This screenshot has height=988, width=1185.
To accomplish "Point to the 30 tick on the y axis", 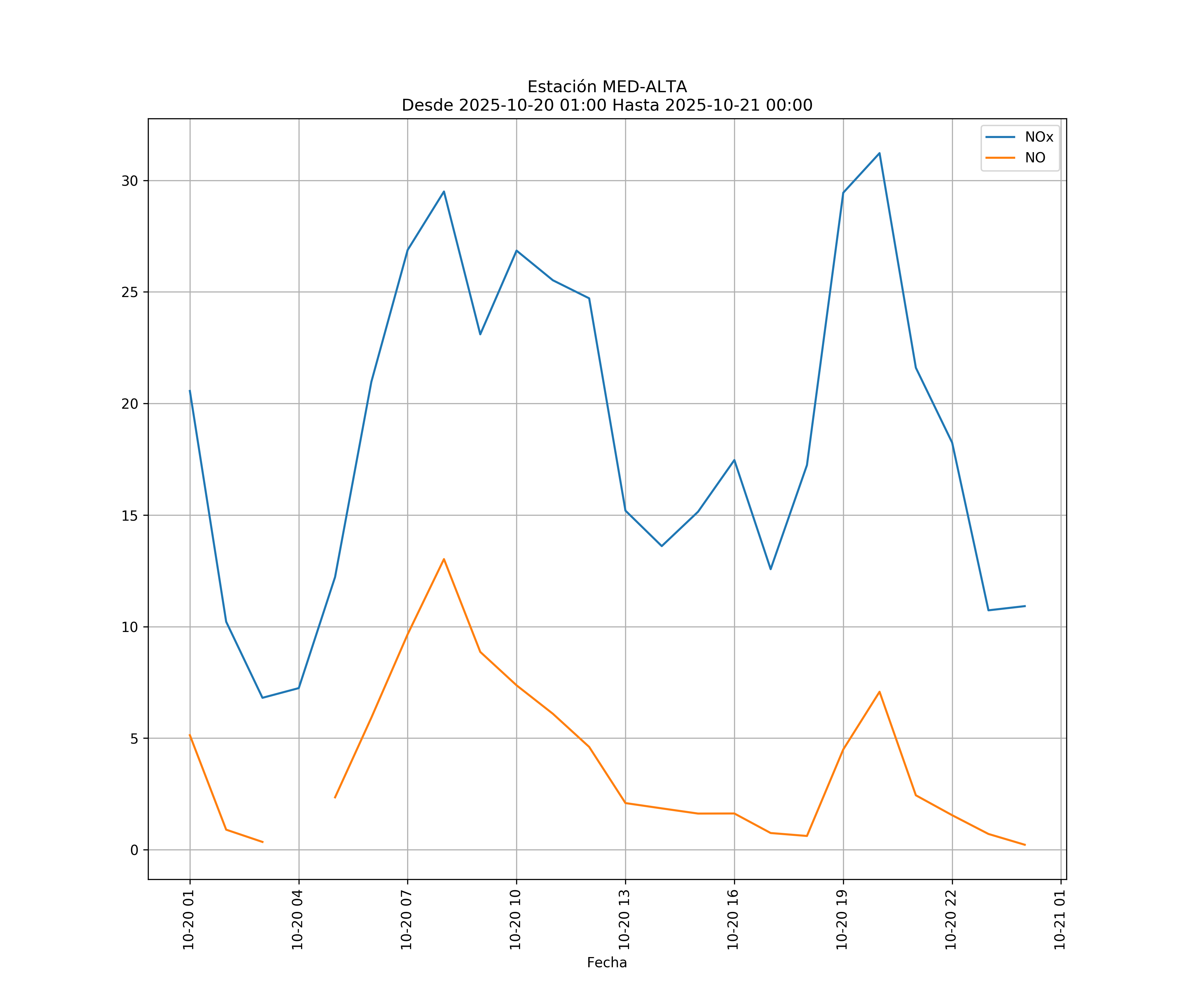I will click(x=130, y=181).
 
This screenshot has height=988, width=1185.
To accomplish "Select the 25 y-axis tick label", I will click(x=130, y=292).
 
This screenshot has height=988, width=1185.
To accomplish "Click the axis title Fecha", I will click(x=607, y=963).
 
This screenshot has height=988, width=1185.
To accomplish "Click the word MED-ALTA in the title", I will click(x=645, y=87).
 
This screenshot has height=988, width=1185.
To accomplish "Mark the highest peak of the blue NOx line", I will click(x=879, y=153).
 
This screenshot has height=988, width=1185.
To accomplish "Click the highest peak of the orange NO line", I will click(x=444, y=559).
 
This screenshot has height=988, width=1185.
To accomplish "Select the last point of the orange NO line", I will click(x=1025, y=845).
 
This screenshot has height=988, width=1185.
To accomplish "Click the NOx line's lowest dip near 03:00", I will click(x=262, y=698).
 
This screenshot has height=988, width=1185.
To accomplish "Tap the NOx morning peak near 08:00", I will click(x=444, y=191).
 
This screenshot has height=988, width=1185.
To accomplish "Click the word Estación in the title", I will click(x=562, y=87).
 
